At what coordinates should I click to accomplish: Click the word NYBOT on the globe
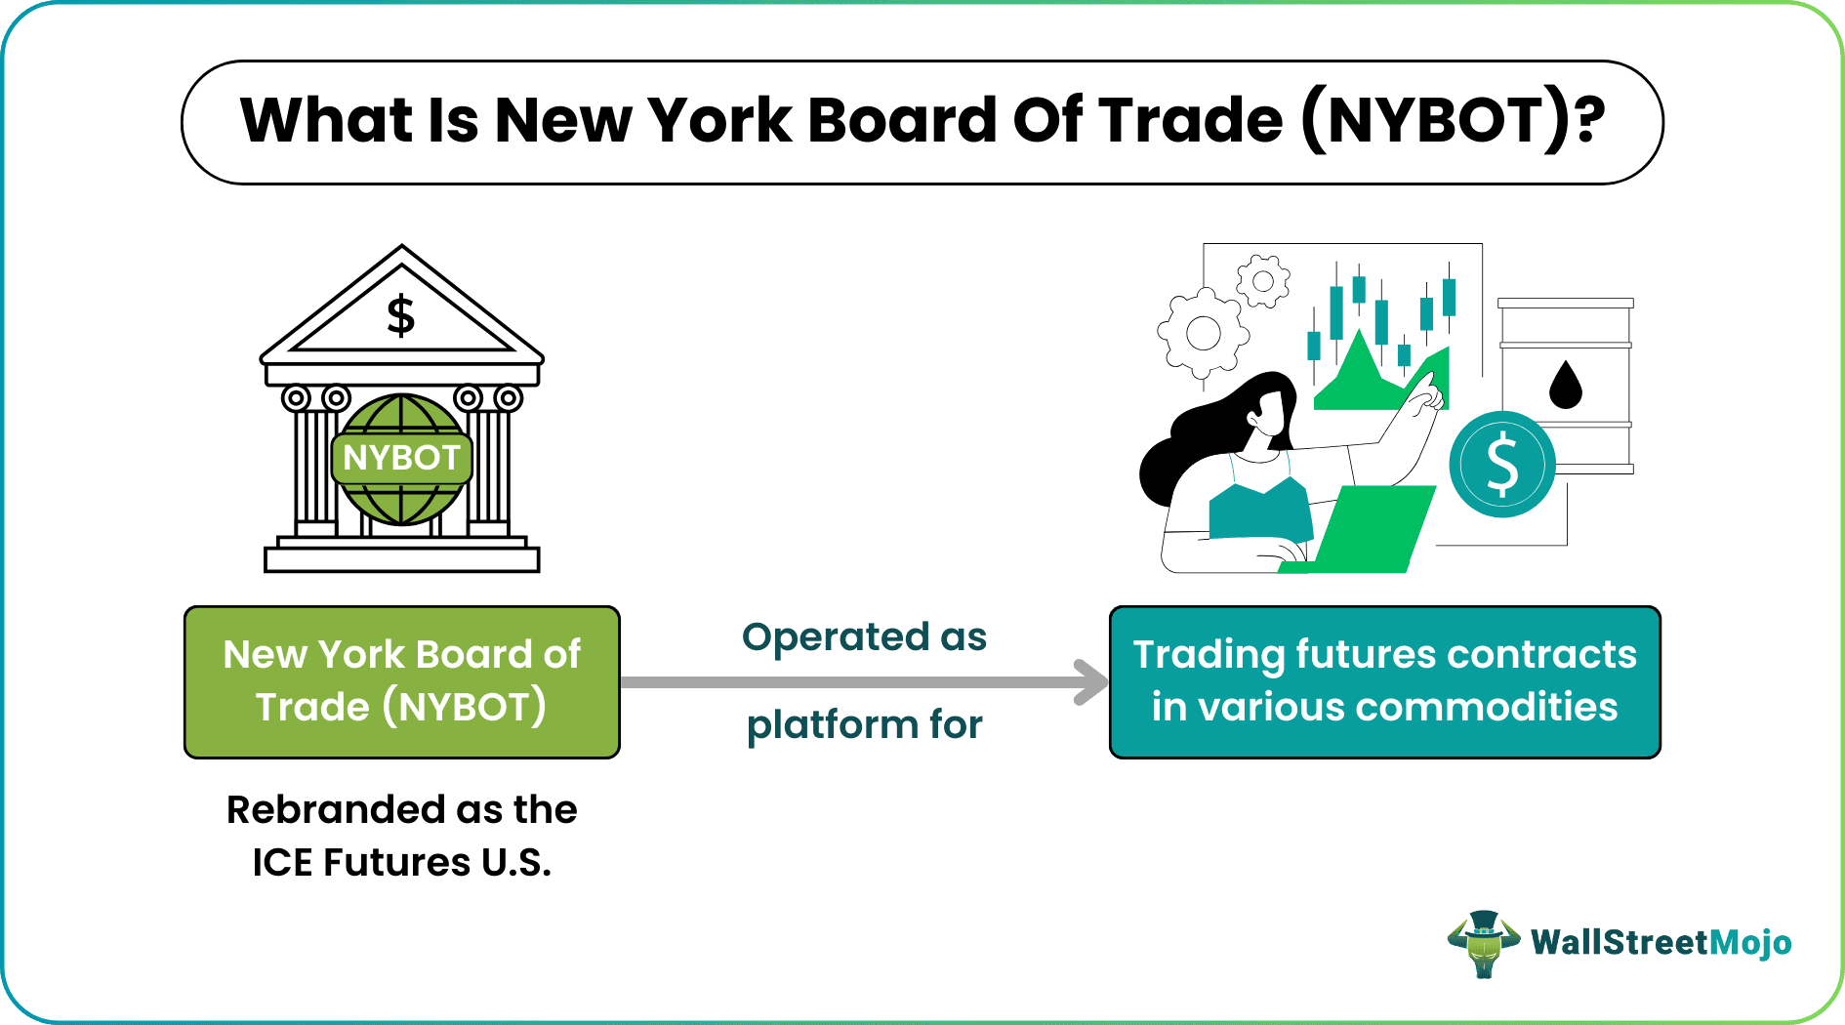point(401,458)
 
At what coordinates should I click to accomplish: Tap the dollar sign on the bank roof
point(400,315)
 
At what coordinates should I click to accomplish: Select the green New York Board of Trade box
point(402,681)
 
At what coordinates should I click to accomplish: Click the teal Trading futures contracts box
point(1384,681)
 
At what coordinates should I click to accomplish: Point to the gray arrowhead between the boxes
point(1089,681)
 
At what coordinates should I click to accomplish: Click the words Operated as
point(864,637)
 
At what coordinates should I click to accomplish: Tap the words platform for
point(864,725)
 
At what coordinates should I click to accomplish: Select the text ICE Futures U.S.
point(402,863)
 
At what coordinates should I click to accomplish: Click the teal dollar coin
point(1501,464)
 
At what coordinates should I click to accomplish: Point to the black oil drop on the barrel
point(1566,385)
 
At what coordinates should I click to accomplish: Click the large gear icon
point(1203,334)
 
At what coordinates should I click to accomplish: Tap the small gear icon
point(1262,282)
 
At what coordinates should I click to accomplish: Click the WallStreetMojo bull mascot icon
point(1483,943)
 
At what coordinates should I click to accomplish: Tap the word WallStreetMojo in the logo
point(1660,943)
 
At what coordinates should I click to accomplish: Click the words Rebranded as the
point(402,810)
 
